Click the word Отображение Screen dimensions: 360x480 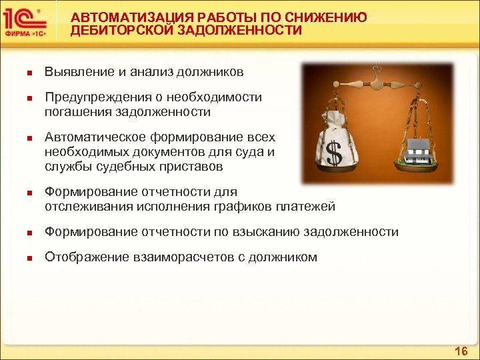click(x=82, y=257)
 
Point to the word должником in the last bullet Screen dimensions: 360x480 click(x=283, y=257)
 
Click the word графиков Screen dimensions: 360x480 click(x=244, y=207)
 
